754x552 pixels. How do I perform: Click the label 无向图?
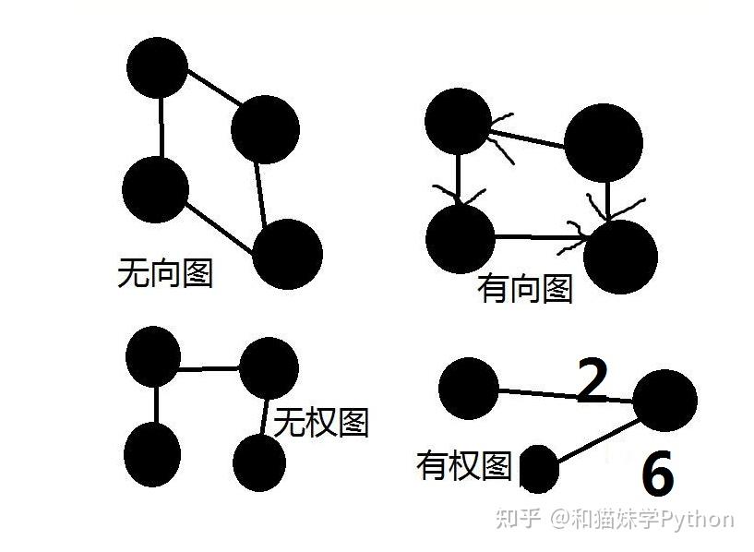pyautogui.click(x=165, y=272)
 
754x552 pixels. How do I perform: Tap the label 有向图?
pyautogui.click(x=524, y=289)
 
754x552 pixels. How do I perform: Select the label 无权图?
pyautogui.click(x=321, y=422)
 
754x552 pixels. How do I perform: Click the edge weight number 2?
pyautogui.click(x=592, y=382)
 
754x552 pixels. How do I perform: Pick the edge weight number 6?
pyautogui.click(x=657, y=475)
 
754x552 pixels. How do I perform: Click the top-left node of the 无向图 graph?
pyautogui.click(x=157, y=67)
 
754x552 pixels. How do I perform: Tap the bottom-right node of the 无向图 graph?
pyautogui.click(x=287, y=254)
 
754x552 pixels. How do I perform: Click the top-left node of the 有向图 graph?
pyautogui.click(x=458, y=121)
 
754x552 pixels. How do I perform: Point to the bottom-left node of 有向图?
pyautogui.click(x=461, y=238)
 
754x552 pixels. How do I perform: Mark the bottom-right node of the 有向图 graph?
pyautogui.click(x=620, y=257)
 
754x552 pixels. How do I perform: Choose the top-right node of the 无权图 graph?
pyautogui.click(x=269, y=366)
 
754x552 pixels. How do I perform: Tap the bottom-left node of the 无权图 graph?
pyautogui.click(x=152, y=453)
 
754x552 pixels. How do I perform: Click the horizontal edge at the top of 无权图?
pyautogui.click(x=209, y=369)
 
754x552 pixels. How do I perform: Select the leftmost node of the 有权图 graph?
pyautogui.click(x=468, y=389)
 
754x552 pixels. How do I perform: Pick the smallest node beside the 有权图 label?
pyautogui.click(x=539, y=468)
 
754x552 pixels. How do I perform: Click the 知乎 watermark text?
pyautogui.click(x=517, y=519)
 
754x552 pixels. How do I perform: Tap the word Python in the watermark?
pyautogui.click(x=699, y=519)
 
